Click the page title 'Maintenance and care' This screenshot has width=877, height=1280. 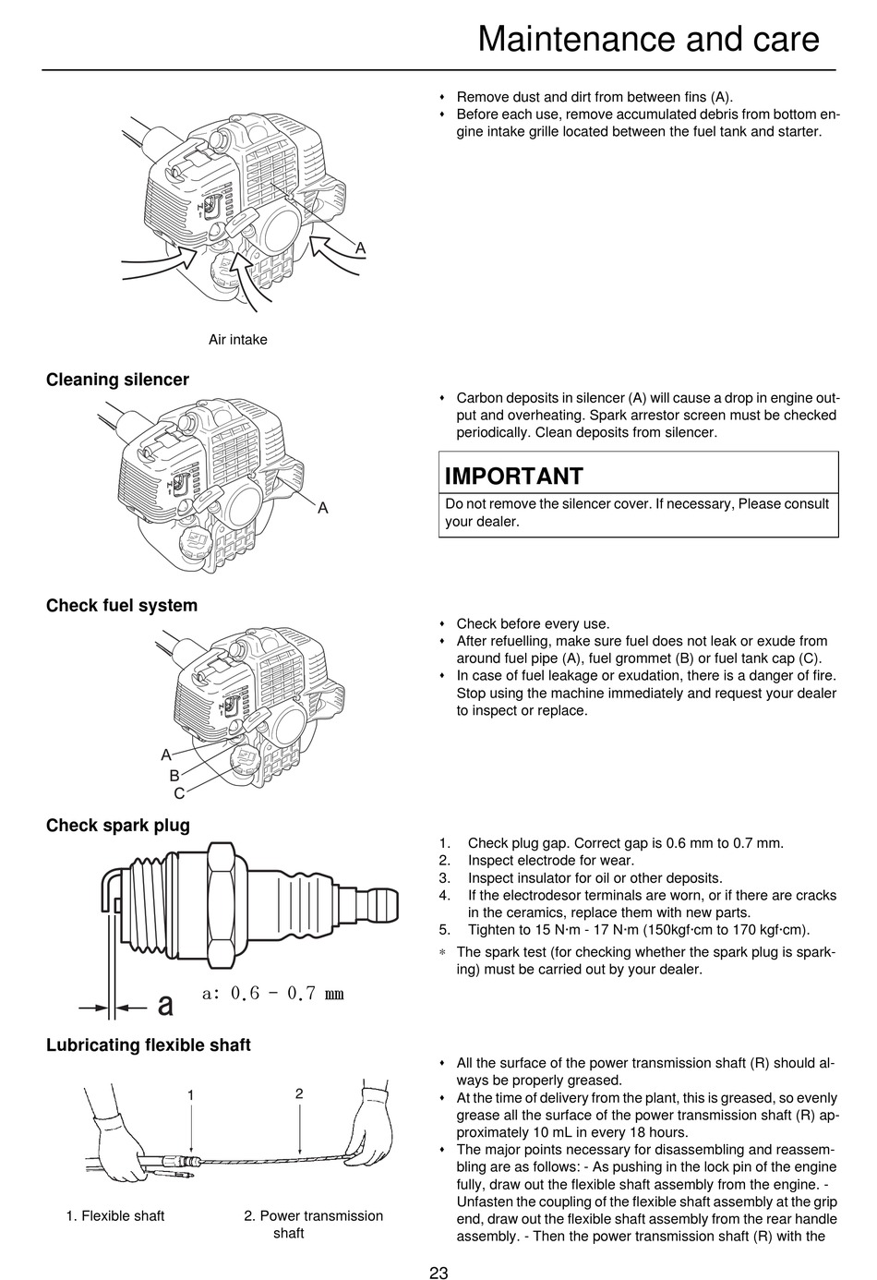pyautogui.click(x=648, y=39)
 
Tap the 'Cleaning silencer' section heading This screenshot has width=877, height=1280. pyautogui.click(x=117, y=380)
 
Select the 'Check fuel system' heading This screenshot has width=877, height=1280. pyautogui.click(x=122, y=605)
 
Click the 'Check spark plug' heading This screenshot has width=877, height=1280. pyautogui.click(x=117, y=825)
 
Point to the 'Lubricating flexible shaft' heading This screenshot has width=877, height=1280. pyautogui.click(x=148, y=1045)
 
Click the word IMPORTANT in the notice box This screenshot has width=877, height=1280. pyautogui.click(x=513, y=476)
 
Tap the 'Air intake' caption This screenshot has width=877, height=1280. pyautogui.click(x=237, y=340)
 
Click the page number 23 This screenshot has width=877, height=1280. pyautogui.click(x=438, y=1272)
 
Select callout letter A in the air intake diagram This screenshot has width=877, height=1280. pyautogui.click(x=361, y=248)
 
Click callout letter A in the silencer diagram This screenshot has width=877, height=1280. pyautogui.click(x=323, y=507)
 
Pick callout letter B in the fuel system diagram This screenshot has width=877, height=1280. pyautogui.click(x=174, y=776)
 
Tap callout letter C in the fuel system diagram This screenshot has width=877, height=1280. pyautogui.click(x=179, y=793)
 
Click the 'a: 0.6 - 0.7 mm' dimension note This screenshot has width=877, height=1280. pyautogui.click(x=273, y=993)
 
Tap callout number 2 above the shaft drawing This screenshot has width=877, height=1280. pyautogui.click(x=299, y=1093)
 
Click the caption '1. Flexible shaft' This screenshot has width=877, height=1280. pyautogui.click(x=115, y=1215)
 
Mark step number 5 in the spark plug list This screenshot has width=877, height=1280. pyautogui.click(x=444, y=930)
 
